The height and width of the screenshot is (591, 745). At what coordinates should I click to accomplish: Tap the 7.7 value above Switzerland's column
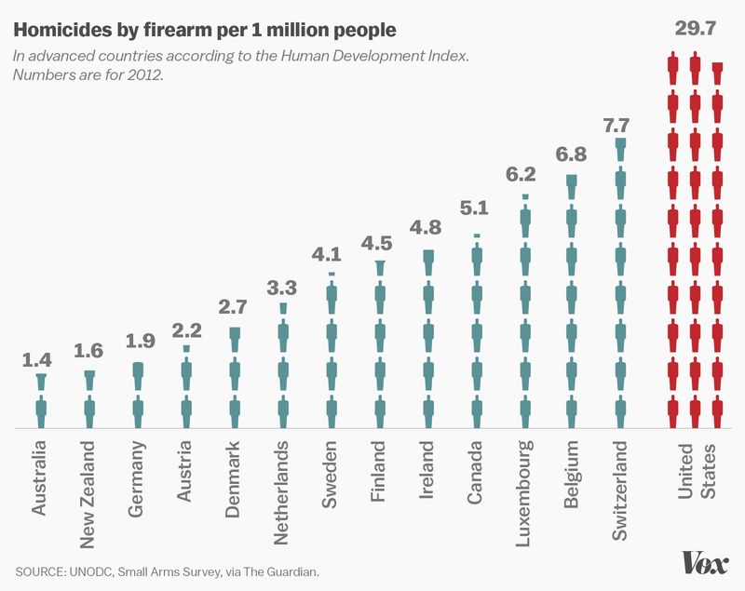point(619,124)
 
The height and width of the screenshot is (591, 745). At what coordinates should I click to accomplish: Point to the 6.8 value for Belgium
point(571,153)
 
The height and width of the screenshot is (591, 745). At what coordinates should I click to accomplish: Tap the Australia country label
point(41,479)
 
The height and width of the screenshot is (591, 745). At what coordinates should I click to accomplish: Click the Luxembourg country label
point(523,494)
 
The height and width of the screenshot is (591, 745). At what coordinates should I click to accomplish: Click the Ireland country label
point(427,473)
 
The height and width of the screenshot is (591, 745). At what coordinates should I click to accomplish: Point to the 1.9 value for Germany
point(137,342)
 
